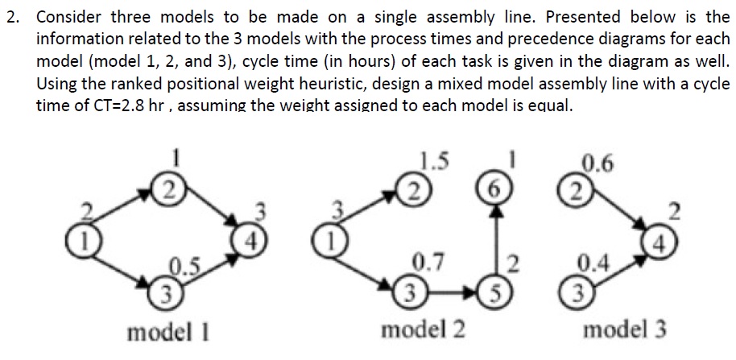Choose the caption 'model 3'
(625, 330)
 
